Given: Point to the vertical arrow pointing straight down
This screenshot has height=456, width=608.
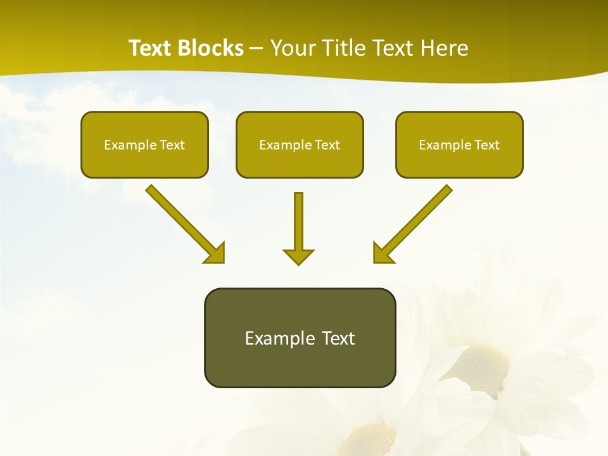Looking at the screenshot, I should (298, 222).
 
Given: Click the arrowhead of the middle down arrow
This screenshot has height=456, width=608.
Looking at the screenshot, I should (298, 256).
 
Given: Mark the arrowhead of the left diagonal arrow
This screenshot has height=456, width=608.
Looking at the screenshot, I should (215, 253).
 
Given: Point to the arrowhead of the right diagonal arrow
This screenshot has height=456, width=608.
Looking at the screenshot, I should (383, 253).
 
